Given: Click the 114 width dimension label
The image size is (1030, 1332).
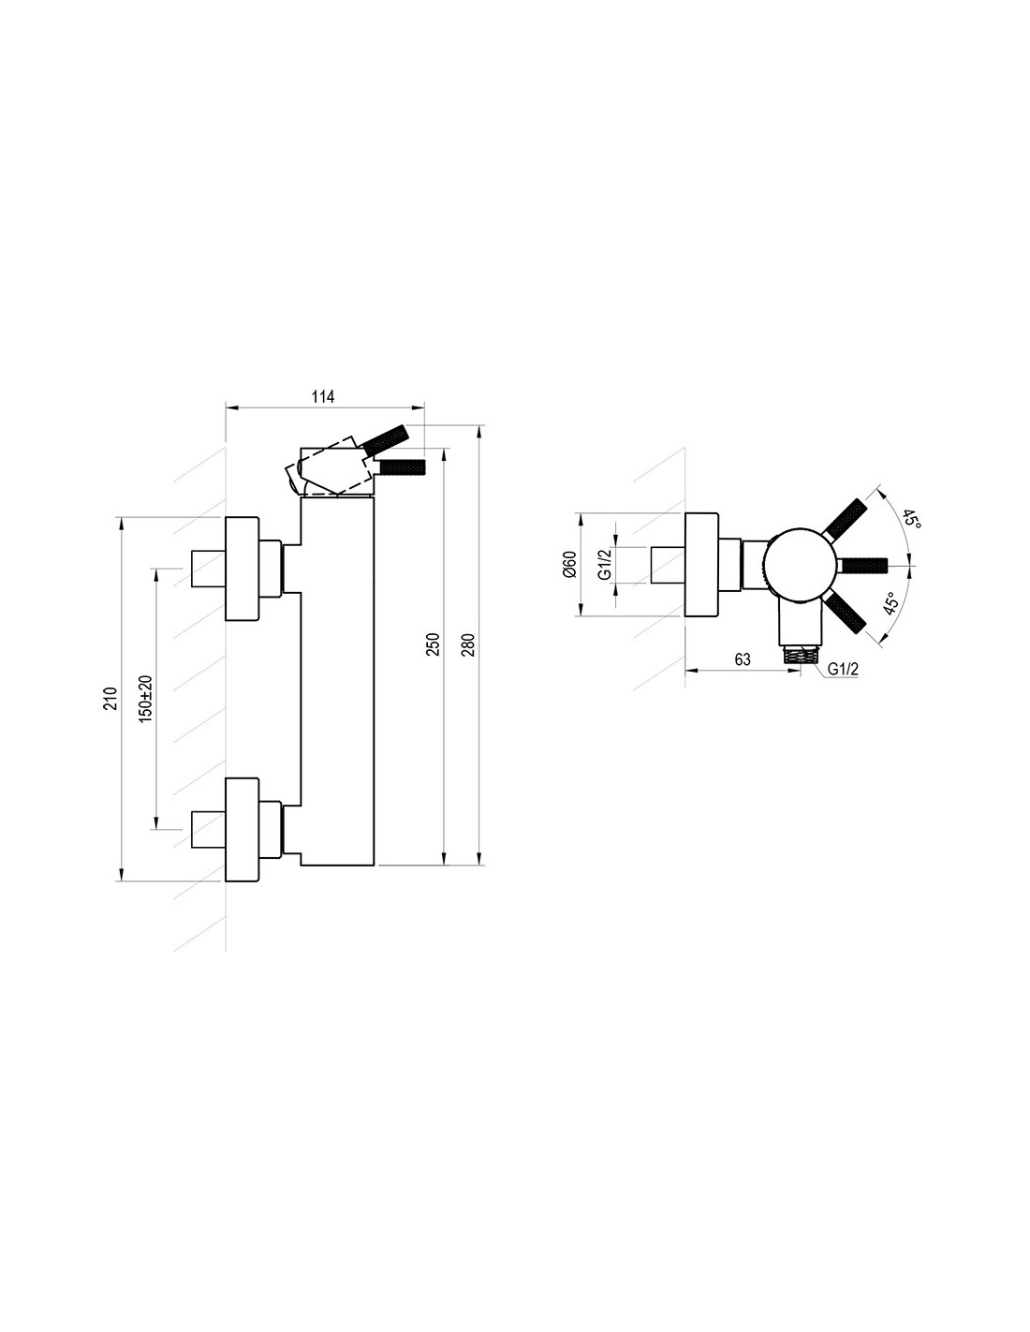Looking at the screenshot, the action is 323,396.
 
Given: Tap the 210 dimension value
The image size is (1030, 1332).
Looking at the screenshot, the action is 110,698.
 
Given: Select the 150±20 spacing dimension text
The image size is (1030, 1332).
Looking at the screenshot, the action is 145,699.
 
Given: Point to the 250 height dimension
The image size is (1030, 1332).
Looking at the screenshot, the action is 434,644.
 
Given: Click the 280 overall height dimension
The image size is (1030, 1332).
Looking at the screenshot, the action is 468,644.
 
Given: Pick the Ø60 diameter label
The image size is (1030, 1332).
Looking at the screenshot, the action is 569,564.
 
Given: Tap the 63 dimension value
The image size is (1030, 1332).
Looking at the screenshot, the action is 742,659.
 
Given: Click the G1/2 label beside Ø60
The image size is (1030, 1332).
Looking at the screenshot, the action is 605,564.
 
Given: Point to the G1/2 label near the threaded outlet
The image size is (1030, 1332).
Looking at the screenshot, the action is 843,670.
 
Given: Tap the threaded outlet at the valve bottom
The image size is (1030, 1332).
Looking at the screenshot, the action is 801,654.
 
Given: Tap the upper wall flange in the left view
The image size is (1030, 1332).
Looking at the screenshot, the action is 243,569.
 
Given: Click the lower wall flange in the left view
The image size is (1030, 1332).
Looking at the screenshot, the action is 243,829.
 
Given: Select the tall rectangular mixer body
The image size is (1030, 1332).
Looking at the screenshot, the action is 338,681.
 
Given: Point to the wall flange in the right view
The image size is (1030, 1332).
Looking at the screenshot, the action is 702,564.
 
